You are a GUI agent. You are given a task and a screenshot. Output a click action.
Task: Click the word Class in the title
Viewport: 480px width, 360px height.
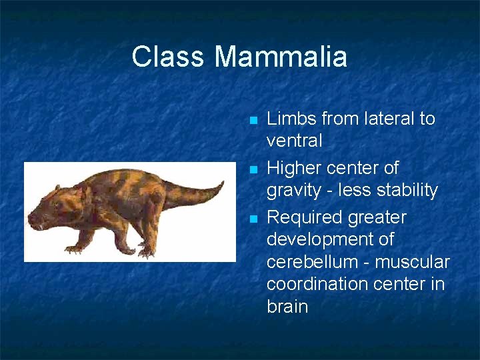point(169,57)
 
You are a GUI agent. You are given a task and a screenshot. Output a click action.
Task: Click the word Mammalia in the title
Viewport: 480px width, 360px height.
point(281,57)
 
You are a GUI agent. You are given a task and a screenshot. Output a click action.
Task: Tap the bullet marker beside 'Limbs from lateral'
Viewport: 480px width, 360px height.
point(252,121)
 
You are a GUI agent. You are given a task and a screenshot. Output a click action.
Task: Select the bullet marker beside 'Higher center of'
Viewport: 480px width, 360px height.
point(252,170)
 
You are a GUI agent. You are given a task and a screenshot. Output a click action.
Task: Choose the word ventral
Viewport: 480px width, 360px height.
point(294,141)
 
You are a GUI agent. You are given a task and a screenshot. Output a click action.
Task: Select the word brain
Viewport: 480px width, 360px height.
point(287,306)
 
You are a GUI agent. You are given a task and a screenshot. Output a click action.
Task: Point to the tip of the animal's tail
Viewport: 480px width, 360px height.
point(223,181)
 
